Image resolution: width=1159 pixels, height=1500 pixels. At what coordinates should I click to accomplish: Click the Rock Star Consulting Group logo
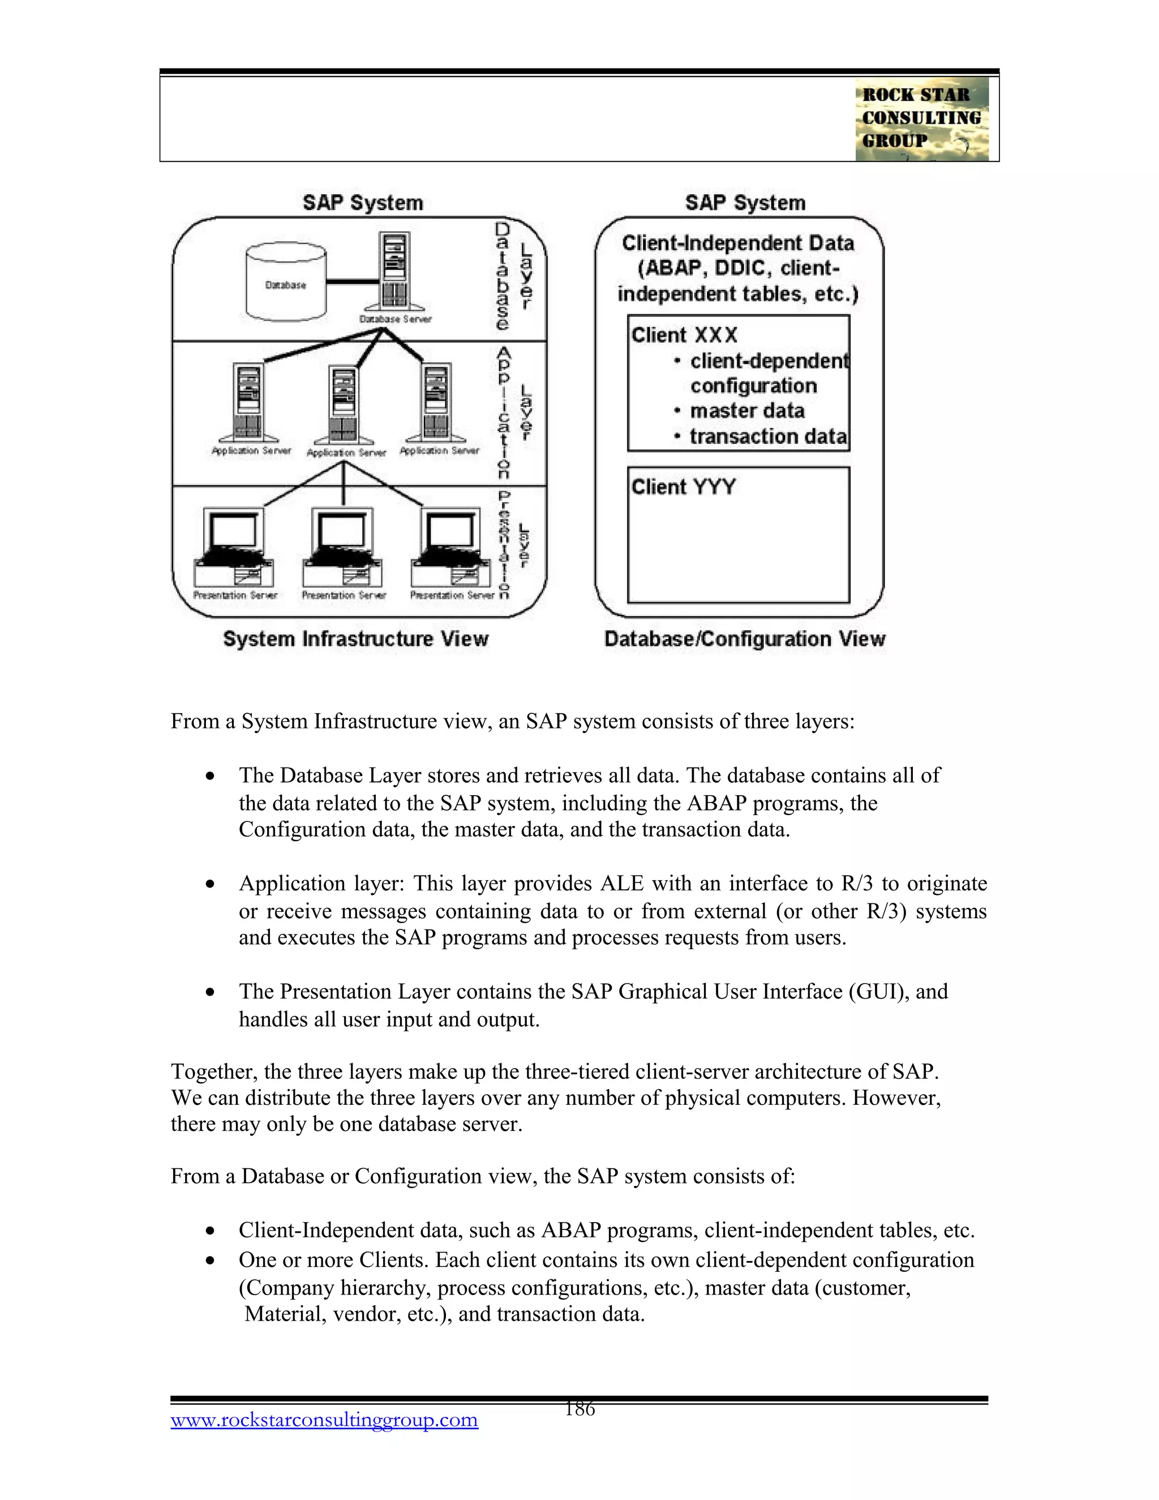(x=921, y=119)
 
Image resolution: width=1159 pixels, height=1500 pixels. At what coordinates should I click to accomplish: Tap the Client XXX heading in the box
(x=684, y=335)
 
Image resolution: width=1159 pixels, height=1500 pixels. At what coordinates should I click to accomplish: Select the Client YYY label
(x=683, y=487)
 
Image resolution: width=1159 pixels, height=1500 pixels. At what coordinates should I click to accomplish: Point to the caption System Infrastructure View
(x=355, y=638)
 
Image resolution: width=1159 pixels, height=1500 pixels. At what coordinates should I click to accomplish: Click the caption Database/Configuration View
(x=744, y=638)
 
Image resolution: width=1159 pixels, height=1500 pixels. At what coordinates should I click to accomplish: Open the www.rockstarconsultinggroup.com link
(x=324, y=1420)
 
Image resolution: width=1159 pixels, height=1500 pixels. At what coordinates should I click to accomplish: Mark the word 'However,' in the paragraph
(x=896, y=1098)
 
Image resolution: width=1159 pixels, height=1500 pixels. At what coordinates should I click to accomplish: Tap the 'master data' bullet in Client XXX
(x=746, y=411)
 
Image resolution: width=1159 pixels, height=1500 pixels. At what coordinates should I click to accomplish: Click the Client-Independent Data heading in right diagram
(x=737, y=243)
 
